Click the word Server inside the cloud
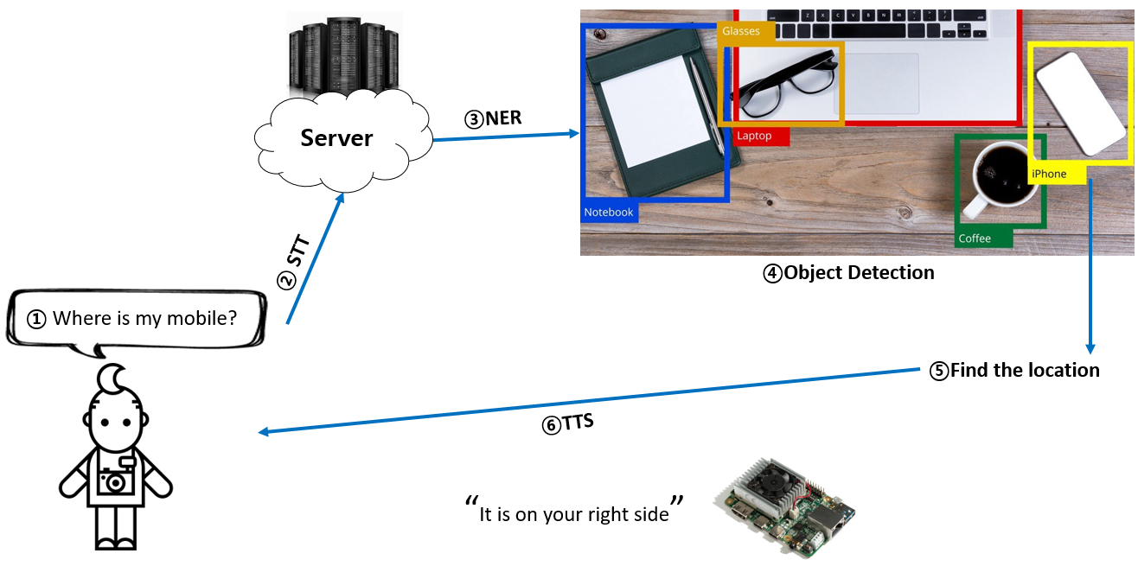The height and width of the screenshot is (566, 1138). coord(336,137)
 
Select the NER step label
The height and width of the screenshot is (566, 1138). coord(494,118)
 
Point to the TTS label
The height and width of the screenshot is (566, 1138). coord(567,424)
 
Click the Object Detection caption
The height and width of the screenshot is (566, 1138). coord(848,273)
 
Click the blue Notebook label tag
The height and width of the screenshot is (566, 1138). coord(609,212)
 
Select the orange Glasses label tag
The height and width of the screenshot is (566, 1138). coord(740,31)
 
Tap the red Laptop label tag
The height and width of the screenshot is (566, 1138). coord(754,136)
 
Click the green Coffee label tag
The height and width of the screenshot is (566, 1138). coord(975,238)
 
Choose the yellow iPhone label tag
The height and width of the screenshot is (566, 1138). coord(1049,174)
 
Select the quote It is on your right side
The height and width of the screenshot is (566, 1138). coord(574,513)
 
